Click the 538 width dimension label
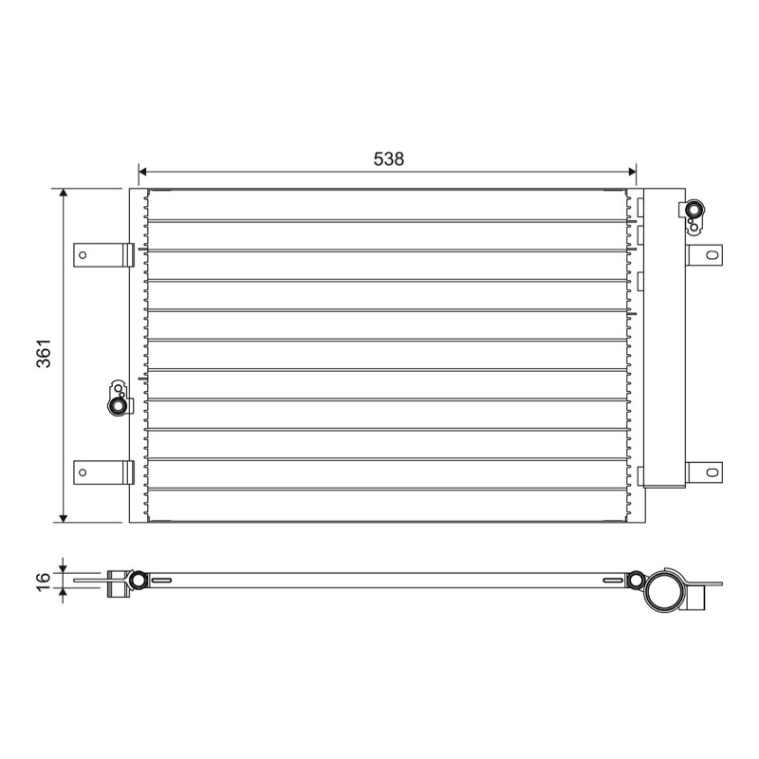click(x=388, y=158)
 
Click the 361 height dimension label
click(x=44, y=353)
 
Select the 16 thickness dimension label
click(x=44, y=581)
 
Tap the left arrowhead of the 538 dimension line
click(x=143, y=172)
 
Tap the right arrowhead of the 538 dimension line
click(x=632, y=172)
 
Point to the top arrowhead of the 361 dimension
click(x=63, y=194)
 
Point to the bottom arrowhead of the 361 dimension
click(x=63, y=518)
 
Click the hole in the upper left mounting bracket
click(x=83, y=255)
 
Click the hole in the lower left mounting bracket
click(x=83, y=472)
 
